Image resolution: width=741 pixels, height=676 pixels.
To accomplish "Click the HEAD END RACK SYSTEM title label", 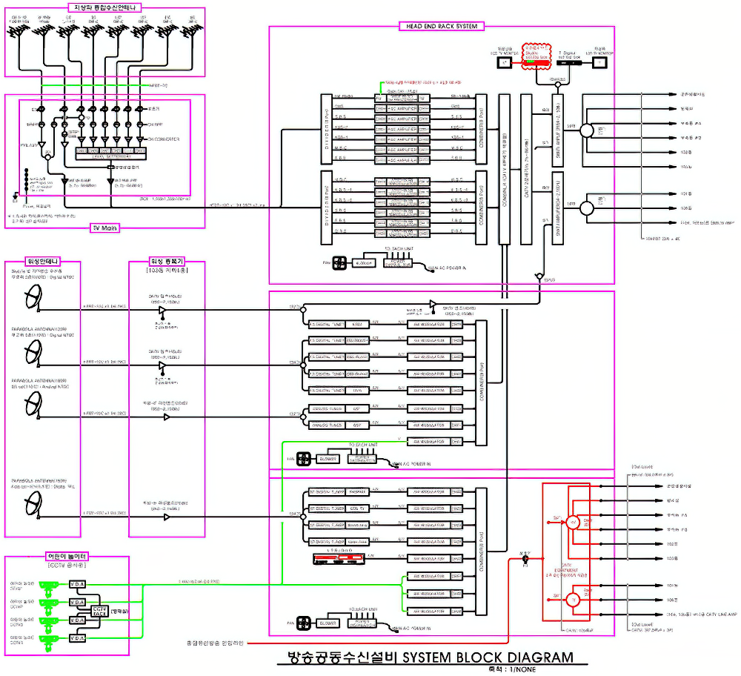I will point(441,26).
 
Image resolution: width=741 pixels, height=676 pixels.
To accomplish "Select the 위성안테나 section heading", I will point(42,262).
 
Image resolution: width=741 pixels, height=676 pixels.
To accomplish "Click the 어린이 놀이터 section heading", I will point(67,556).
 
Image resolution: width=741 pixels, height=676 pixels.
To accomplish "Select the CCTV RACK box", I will point(100,611).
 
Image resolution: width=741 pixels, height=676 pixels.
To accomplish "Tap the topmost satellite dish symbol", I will point(33,299).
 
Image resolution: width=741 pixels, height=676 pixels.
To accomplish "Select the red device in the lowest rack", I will point(339,557).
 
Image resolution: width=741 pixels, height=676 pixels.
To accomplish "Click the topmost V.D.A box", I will point(78,585).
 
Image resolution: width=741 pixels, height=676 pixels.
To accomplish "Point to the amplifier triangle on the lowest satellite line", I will point(166,517).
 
